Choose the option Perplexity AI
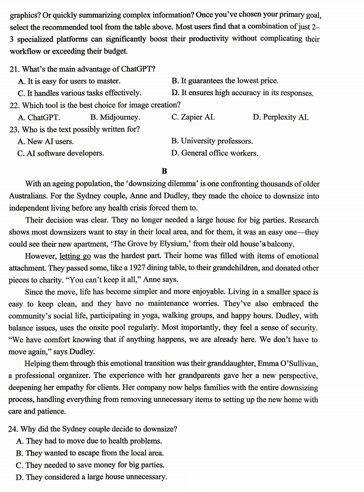coord(285,117)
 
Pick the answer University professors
coord(217,141)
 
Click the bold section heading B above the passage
coord(164,171)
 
